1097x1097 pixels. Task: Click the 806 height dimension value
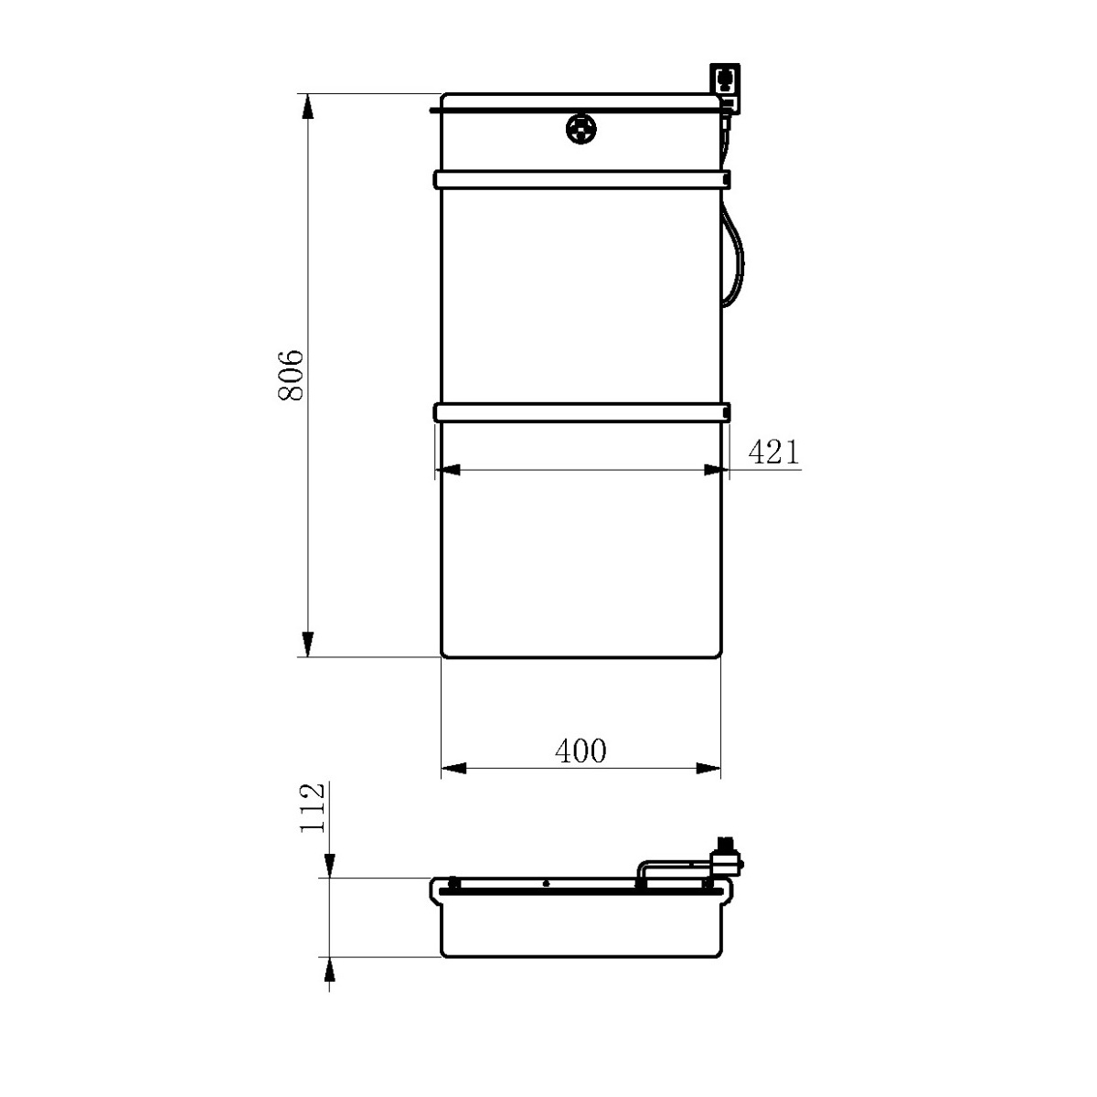point(291,376)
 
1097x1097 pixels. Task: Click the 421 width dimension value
point(773,453)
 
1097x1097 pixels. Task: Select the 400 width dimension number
point(580,751)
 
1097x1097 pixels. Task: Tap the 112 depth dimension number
point(313,808)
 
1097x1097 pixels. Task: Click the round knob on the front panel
point(581,129)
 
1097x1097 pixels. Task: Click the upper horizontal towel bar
point(581,179)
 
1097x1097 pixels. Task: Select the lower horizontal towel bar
point(581,412)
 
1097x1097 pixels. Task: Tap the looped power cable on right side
point(733,256)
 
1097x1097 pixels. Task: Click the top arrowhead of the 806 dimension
point(307,106)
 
